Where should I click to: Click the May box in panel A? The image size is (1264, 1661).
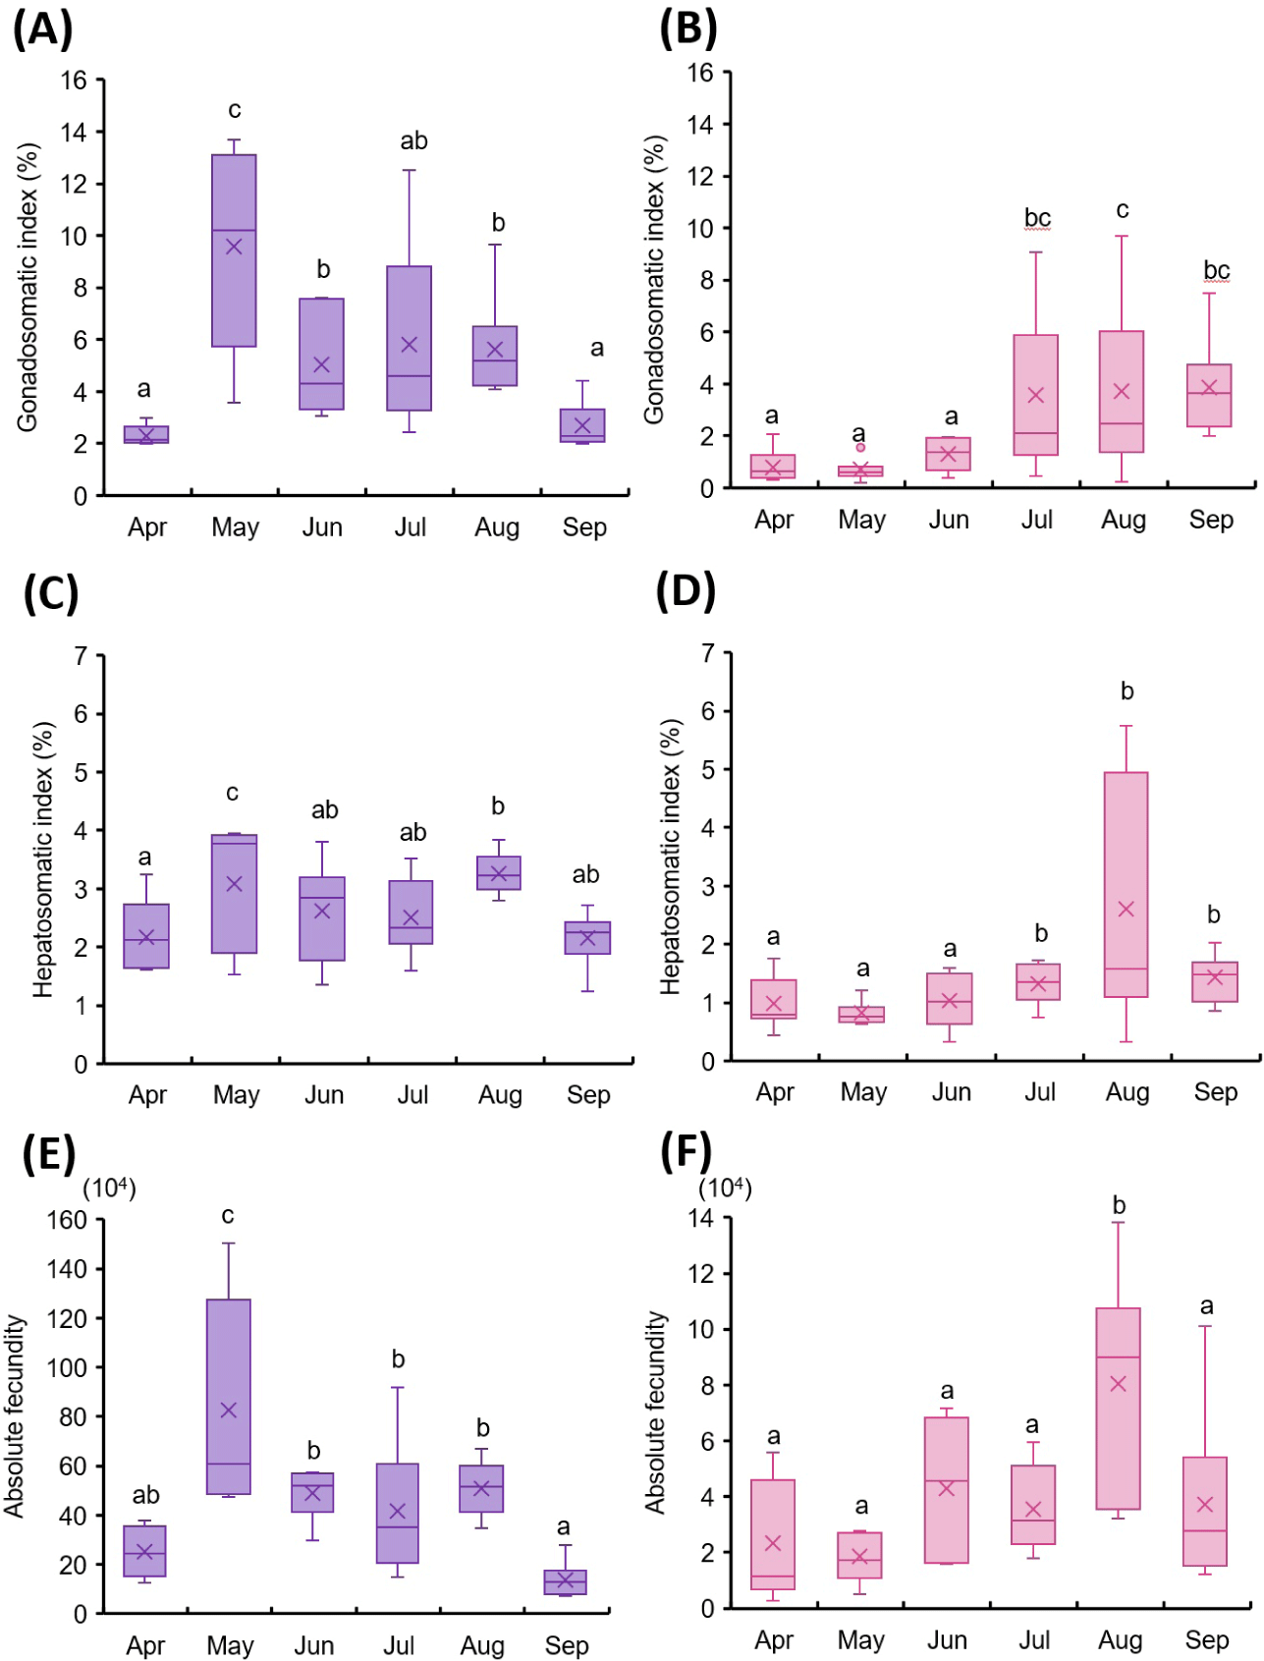click(x=234, y=250)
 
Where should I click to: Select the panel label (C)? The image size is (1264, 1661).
click(x=50, y=594)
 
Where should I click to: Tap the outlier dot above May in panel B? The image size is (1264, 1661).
click(x=860, y=448)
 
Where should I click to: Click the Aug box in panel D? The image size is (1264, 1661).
click(x=1126, y=884)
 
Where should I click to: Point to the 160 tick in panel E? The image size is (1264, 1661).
click(x=67, y=1220)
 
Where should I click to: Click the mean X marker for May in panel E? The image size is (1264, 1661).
click(x=229, y=1411)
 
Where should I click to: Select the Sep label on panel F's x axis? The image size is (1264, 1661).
click(x=1207, y=1639)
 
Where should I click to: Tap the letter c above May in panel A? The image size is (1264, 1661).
click(x=235, y=110)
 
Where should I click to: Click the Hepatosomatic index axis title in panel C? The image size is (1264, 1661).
click(x=43, y=859)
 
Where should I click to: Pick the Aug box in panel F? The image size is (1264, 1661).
click(x=1118, y=1408)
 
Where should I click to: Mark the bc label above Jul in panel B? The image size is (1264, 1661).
click(x=1037, y=218)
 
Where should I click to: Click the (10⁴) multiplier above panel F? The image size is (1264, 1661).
click(x=725, y=1189)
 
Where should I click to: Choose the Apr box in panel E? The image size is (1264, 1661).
click(x=144, y=1551)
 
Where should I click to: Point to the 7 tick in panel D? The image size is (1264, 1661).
click(x=708, y=653)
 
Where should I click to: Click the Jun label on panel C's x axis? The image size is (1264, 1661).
click(x=323, y=1094)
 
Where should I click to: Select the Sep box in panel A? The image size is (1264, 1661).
click(x=582, y=425)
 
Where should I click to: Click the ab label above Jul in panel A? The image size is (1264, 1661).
click(x=413, y=141)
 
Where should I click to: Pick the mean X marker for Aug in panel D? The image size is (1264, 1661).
click(x=1126, y=910)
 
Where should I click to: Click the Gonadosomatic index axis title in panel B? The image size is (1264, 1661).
click(x=654, y=280)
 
